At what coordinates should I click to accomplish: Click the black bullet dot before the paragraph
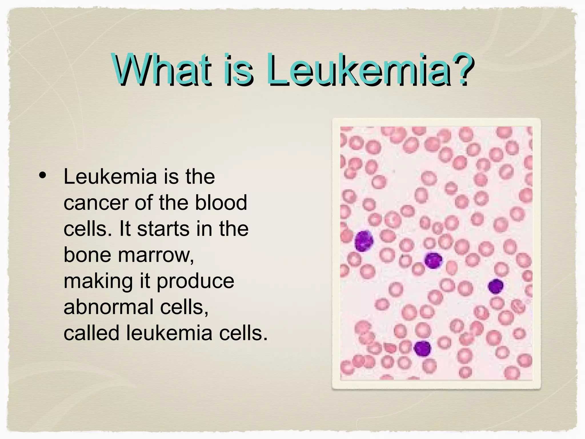point(43,176)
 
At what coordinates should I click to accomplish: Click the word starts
point(163,229)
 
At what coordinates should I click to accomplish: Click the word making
point(98,282)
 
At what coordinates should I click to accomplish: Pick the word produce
point(195,282)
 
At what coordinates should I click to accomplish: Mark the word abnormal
point(109,307)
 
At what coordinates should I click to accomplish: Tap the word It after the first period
point(125,229)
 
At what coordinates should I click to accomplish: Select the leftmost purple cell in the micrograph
point(364,241)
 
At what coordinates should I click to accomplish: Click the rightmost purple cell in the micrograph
point(496,286)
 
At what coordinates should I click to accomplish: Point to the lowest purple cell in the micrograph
point(422,348)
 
